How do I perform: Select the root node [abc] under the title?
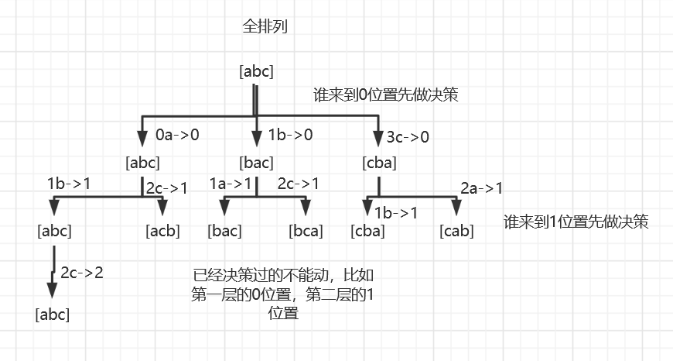257,72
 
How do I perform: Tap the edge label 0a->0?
177,135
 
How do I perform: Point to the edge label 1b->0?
290,135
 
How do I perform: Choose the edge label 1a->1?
231,184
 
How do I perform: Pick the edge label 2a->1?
481,187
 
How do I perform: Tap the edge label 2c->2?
81,273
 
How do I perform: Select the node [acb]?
163,230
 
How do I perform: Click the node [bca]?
306,230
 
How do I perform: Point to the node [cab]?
457,230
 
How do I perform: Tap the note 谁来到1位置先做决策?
576,221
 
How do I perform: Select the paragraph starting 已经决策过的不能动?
283,294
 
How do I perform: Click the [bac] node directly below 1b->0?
256,163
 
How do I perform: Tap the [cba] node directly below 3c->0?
379,163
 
